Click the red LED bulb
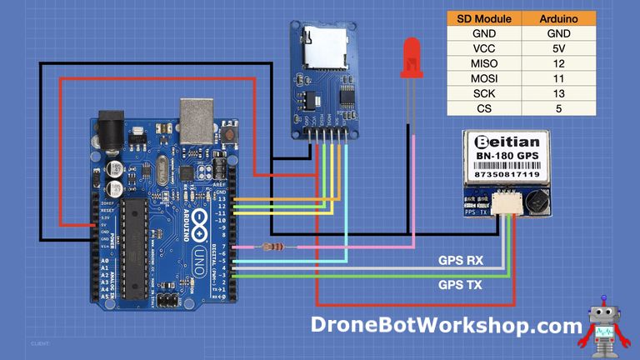point(410,58)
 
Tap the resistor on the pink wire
point(270,246)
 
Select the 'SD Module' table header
point(484,18)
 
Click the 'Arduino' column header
point(558,18)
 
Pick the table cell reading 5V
point(558,48)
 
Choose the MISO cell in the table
point(484,63)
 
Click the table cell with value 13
point(558,93)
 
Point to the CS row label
point(484,108)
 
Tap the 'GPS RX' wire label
point(461,260)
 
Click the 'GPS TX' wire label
point(461,284)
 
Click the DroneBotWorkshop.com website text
point(447,324)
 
